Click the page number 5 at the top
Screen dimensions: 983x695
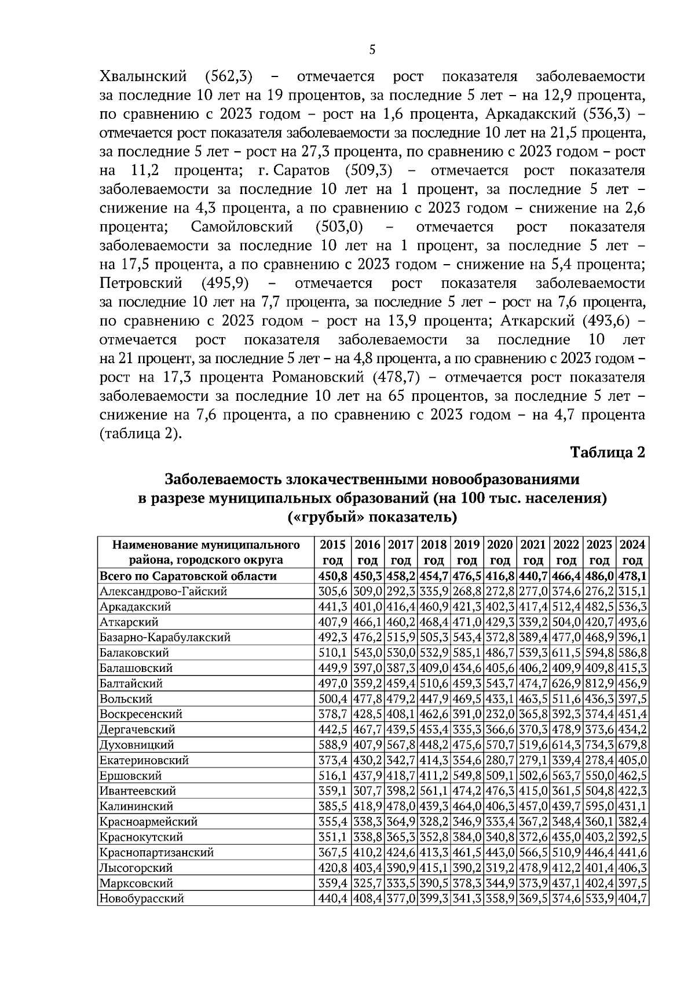coord(372,50)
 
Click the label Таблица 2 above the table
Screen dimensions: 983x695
coord(608,452)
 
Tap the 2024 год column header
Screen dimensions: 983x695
coord(632,552)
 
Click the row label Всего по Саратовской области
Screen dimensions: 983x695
coord(188,576)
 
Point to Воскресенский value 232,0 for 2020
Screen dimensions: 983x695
coord(500,714)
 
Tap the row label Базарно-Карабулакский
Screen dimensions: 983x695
coord(165,637)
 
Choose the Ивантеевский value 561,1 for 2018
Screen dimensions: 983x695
coord(434,791)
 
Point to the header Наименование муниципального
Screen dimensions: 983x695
coord(206,545)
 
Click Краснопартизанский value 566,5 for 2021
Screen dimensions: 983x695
coord(533,852)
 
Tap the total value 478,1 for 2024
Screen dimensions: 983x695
coord(632,576)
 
